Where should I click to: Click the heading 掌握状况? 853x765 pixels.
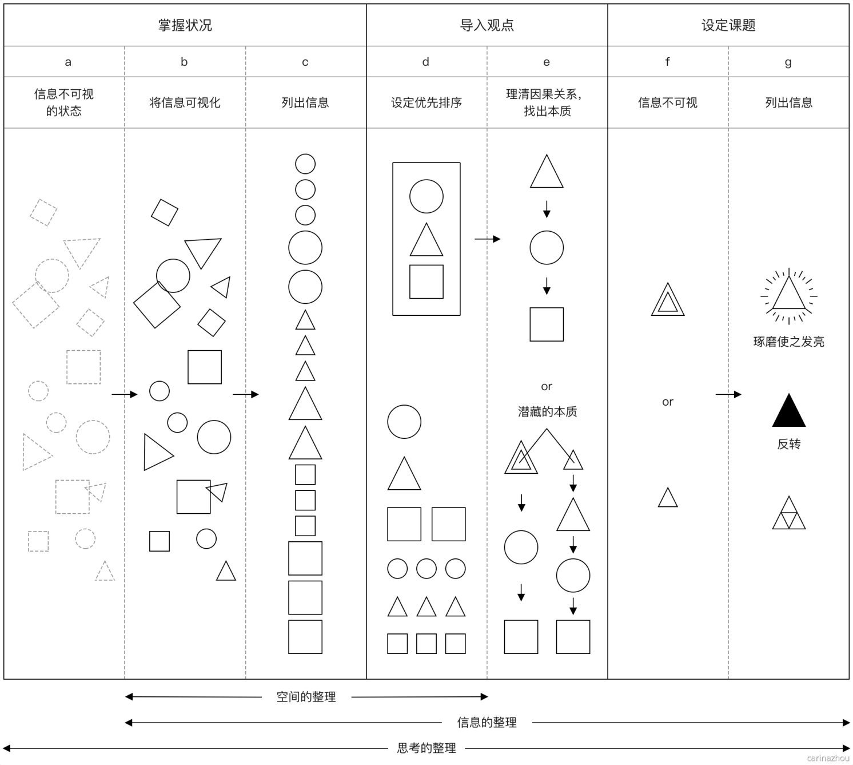click(185, 25)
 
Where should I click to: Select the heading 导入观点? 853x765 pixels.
click(487, 25)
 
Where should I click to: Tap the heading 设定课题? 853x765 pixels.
click(728, 25)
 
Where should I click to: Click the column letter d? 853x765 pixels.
click(425, 62)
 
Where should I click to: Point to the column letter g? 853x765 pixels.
click(788, 62)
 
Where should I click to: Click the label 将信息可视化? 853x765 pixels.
click(185, 102)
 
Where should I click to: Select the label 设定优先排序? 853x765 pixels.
click(426, 102)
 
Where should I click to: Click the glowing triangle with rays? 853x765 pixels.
click(789, 295)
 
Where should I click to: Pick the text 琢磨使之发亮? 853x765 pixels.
click(788, 342)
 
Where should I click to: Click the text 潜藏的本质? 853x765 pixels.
click(547, 411)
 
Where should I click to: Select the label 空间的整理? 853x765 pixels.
click(306, 697)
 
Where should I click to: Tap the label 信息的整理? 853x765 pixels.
click(487, 723)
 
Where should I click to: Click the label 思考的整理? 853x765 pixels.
click(426, 748)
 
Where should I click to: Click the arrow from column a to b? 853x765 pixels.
click(125, 394)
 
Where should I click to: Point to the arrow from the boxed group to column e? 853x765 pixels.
click(487, 239)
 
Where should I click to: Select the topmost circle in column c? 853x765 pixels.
click(305, 164)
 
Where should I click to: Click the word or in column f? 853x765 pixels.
click(667, 402)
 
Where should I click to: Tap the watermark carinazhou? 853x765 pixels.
click(828, 758)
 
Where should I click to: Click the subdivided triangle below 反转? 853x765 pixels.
click(789, 514)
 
